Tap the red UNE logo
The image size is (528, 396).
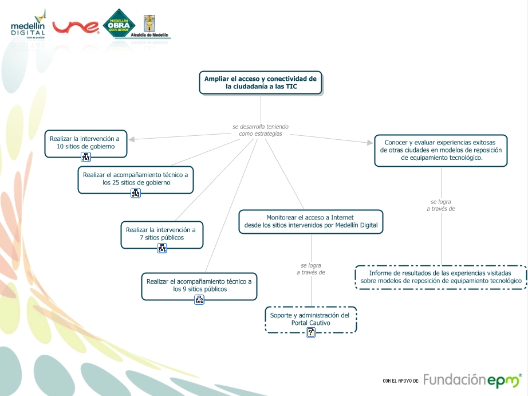tap(76, 27)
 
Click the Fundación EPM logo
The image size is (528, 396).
tap(472, 380)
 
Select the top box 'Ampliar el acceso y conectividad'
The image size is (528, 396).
tap(261, 83)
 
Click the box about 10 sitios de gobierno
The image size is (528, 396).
tap(86, 143)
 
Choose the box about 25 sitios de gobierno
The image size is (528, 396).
tap(136, 178)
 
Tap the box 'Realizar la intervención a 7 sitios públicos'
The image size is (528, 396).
tap(161, 234)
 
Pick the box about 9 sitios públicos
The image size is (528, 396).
tap(199, 285)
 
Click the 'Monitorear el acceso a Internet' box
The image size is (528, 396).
tap(310, 221)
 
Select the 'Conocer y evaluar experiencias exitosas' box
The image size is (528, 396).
tap(441, 150)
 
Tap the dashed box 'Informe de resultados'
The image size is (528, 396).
tap(440, 277)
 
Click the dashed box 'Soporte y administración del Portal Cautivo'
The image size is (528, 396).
tap(310, 319)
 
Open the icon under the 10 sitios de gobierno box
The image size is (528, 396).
tap(86, 157)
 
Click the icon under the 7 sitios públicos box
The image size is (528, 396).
tap(162, 248)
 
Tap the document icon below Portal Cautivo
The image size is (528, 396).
tap(311, 332)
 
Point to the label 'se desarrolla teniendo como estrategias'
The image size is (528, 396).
tap(261, 130)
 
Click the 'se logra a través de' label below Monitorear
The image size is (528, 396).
tap(311, 269)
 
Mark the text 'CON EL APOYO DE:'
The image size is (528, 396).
tap(401, 381)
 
